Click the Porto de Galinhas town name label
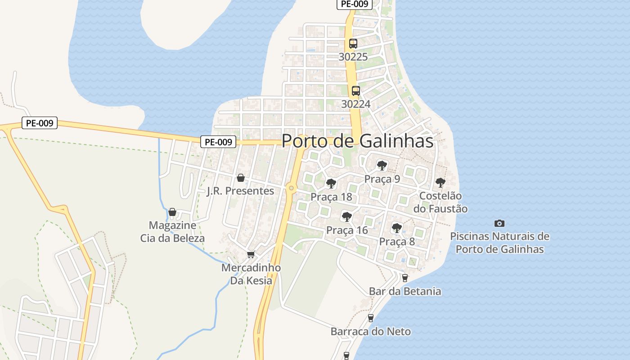(357, 141)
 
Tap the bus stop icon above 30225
(353, 44)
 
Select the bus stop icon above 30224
(356, 90)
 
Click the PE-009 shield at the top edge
(355, 4)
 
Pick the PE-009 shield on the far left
(40, 123)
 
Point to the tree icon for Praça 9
(382, 166)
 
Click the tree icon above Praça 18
(331, 184)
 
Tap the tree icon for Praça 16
(346, 216)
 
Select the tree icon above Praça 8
(396, 228)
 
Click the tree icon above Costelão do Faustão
(440, 183)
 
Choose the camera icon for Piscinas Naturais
(499, 223)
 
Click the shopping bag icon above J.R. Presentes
(241, 178)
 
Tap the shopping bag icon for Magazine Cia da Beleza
(172, 212)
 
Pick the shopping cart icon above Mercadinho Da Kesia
(251, 254)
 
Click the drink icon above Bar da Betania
(405, 278)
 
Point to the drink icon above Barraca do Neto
(371, 318)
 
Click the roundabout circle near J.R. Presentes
(292, 188)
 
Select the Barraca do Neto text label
(371, 332)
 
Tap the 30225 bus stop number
(353, 57)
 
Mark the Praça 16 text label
(347, 230)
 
